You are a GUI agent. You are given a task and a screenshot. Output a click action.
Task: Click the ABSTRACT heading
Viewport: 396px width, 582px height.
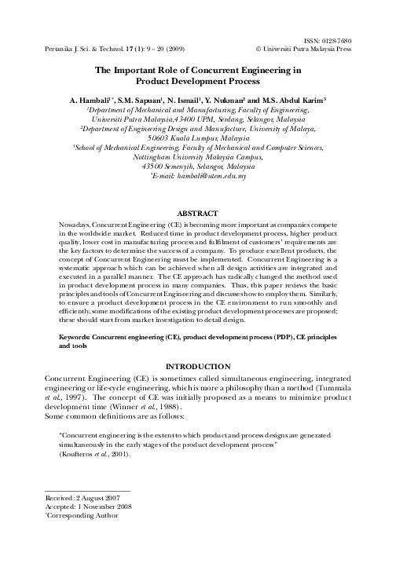coord(197,213)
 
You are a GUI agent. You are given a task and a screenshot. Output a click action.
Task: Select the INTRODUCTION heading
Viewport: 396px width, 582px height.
coord(197,367)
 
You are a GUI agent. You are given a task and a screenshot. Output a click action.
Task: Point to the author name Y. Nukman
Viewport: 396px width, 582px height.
coord(235,101)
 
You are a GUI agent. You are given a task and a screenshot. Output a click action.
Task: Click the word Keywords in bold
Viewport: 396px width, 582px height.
coord(77,337)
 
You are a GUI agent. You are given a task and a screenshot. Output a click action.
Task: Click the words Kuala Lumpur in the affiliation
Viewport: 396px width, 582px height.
coord(199,136)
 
